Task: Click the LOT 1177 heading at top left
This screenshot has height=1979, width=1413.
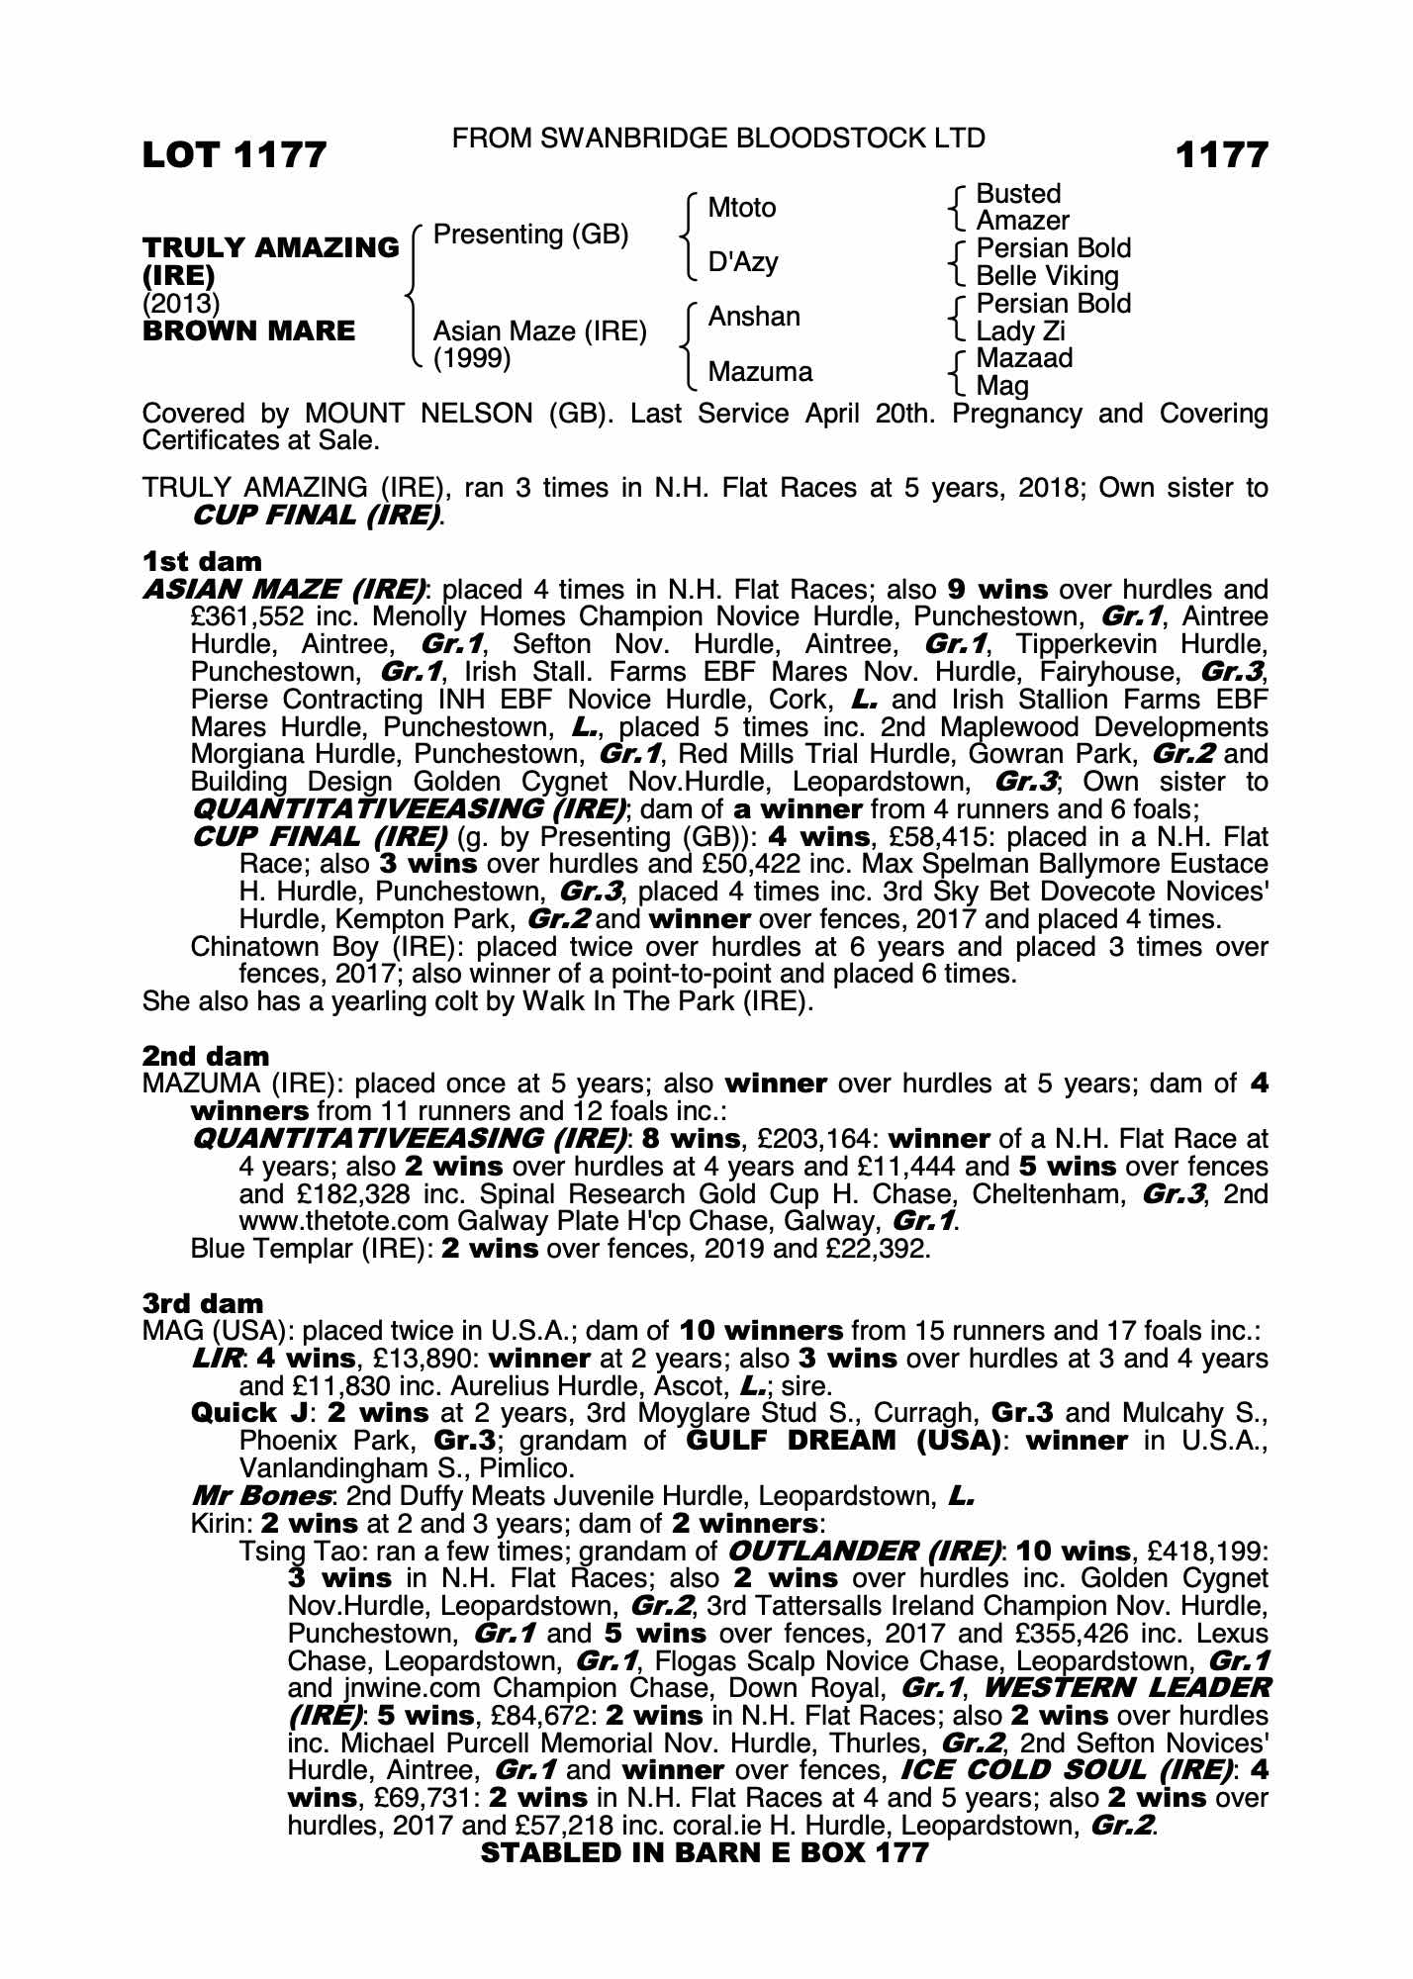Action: (235, 155)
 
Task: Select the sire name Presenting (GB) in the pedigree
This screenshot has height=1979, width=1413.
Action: (530, 235)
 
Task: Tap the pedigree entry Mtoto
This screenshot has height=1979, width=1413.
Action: (742, 208)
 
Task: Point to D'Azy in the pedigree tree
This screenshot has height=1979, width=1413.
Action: (743, 262)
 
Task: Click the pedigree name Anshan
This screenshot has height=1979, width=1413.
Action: (754, 317)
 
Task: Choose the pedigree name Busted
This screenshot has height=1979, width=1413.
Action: (1018, 194)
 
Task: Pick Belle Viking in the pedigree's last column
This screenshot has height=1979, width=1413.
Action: (1047, 276)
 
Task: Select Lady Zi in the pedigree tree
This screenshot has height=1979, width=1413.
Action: (1021, 331)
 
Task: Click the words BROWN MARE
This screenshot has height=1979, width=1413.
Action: (248, 331)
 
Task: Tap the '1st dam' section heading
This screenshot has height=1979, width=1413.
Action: (203, 562)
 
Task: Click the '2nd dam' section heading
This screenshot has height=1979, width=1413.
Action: (206, 1057)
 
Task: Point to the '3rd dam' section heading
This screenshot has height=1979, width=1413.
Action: (204, 1303)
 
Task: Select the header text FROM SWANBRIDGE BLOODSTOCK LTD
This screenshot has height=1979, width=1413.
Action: (718, 139)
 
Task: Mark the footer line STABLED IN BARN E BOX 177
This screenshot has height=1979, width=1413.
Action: (705, 1852)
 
